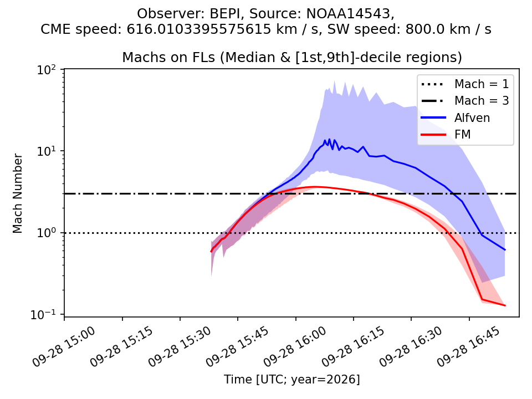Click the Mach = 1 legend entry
465,84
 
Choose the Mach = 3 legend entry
465,100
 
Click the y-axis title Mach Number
17,193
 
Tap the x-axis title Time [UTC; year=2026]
292,379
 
